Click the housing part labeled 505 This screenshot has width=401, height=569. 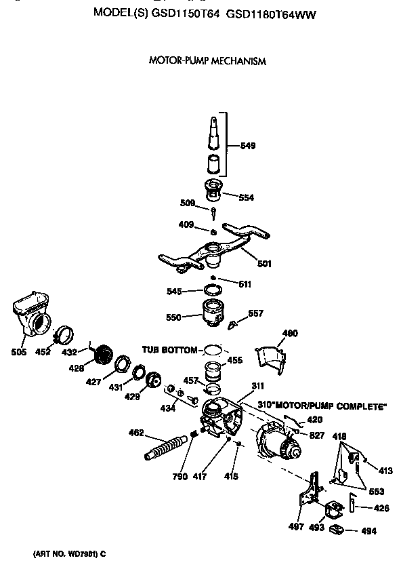click(x=33, y=313)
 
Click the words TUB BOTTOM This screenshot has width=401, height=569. click(x=169, y=350)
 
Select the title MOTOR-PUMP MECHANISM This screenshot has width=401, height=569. click(x=207, y=61)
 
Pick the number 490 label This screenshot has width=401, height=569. click(x=290, y=333)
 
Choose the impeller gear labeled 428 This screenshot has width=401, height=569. click(x=103, y=355)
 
